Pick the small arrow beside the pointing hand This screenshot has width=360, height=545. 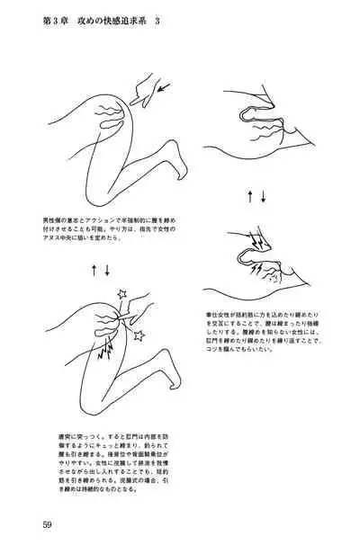(165, 87)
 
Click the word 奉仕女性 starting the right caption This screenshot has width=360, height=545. (221, 317)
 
